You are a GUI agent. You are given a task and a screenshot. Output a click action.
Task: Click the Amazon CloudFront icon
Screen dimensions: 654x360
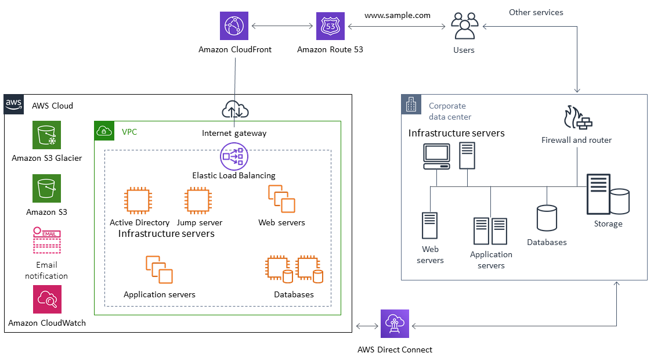coord(234,27)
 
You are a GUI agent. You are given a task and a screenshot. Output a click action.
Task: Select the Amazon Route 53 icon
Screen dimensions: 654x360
coord(330,27)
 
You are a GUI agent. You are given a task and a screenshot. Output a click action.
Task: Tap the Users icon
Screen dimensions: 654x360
coord(464,26)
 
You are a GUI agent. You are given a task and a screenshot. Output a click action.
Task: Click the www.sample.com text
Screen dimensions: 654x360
coord(398,16)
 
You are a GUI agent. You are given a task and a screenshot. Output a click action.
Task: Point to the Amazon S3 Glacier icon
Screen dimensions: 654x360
coord(46,135)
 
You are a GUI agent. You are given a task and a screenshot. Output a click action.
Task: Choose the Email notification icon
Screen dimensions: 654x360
coord(46,241)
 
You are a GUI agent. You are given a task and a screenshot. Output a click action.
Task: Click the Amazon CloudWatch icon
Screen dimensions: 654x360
coord(47,300)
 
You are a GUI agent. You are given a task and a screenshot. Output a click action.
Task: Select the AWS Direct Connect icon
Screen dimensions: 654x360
coord(395,323)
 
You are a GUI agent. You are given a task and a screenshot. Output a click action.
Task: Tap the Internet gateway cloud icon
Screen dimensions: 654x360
coord(235,110)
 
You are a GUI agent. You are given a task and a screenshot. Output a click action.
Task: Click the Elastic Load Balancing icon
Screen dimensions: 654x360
coord(234,156)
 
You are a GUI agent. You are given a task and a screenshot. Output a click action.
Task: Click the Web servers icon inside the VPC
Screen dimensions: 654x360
coord(281,199)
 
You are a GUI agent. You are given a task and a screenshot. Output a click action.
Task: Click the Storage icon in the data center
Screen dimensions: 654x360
coord(607,195)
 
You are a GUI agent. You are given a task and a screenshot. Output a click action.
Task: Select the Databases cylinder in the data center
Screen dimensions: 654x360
coord(547,219)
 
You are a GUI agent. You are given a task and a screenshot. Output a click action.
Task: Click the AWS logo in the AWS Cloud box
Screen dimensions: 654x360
coord(14,105)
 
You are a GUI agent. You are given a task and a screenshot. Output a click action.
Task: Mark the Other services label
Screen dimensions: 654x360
coord(536,12)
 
